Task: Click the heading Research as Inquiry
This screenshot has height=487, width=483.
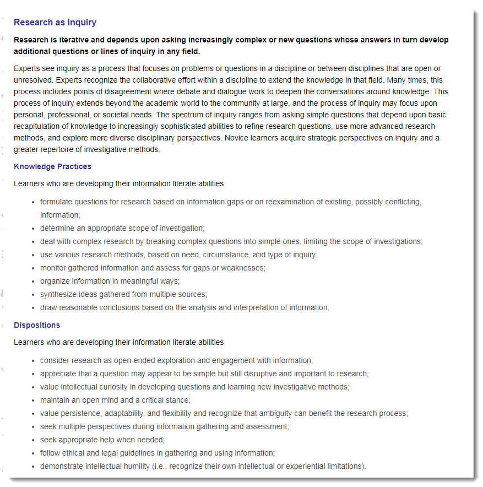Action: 55,23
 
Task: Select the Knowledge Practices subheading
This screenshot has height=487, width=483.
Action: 52,166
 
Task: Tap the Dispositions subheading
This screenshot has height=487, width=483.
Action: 37,325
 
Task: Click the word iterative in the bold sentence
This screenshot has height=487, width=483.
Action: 78,40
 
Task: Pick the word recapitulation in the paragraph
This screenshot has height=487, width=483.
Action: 36,126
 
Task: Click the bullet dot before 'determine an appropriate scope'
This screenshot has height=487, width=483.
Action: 35,229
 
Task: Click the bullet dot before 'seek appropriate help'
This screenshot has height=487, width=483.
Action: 35,440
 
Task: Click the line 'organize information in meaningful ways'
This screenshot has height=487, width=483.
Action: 110,281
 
